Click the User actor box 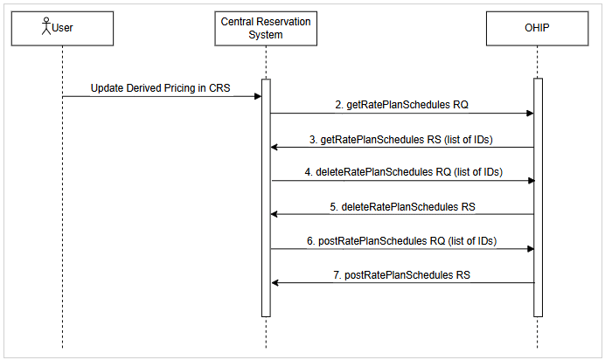tap(62, 28)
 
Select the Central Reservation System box tap(265, 28)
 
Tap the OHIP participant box tap(537, 28)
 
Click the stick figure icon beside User tap(46, 27)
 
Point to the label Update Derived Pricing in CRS tap(160, 89)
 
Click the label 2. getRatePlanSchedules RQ tap(401, 105)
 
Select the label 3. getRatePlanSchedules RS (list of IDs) tap(401, 139)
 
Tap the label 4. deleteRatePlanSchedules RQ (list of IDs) tap(401, 172)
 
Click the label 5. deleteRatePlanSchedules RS tap(401, 206)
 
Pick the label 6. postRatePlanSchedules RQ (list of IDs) tap(401, 240)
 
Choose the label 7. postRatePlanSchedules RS tap(401, 274)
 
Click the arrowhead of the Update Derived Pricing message tap(257, 96)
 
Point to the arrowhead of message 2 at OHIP tap(529, 114)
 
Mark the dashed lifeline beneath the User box tap(63, 218)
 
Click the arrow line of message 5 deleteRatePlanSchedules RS tap(401, 214)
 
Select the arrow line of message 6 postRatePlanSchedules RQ tap(401, 248)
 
